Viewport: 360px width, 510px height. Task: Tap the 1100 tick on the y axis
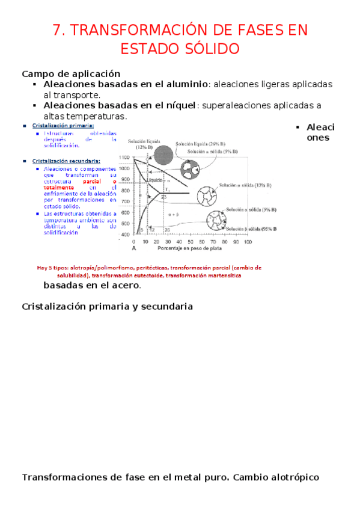(124, 157)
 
